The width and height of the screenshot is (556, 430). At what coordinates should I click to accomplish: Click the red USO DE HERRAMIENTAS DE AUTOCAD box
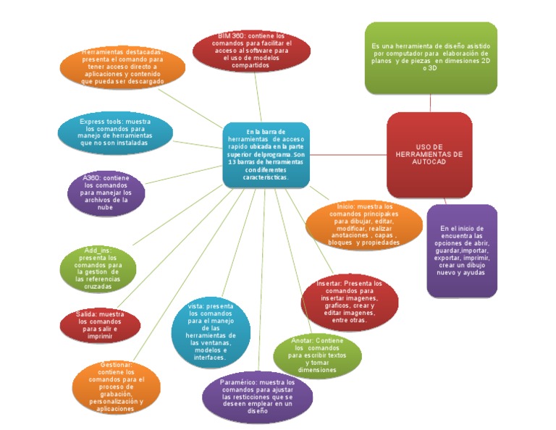429,155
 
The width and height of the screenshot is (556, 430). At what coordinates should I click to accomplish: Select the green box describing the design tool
431,58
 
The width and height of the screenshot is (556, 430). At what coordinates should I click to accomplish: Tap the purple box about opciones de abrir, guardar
462,250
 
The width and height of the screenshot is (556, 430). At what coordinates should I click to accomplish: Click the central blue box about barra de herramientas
266,155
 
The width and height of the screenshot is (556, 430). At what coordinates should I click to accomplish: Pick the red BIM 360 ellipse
252,51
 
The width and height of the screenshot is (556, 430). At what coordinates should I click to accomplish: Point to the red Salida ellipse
101,325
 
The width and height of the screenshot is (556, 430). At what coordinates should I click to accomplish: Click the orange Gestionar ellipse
117,387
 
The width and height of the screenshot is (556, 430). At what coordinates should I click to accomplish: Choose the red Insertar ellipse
349,300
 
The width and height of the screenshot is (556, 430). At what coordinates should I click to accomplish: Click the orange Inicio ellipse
363,224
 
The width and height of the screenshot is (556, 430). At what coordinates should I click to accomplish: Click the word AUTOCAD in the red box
429,163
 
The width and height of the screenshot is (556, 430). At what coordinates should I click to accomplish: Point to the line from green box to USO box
431,103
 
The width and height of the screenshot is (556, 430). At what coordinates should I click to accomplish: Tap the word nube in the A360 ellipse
106,208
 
